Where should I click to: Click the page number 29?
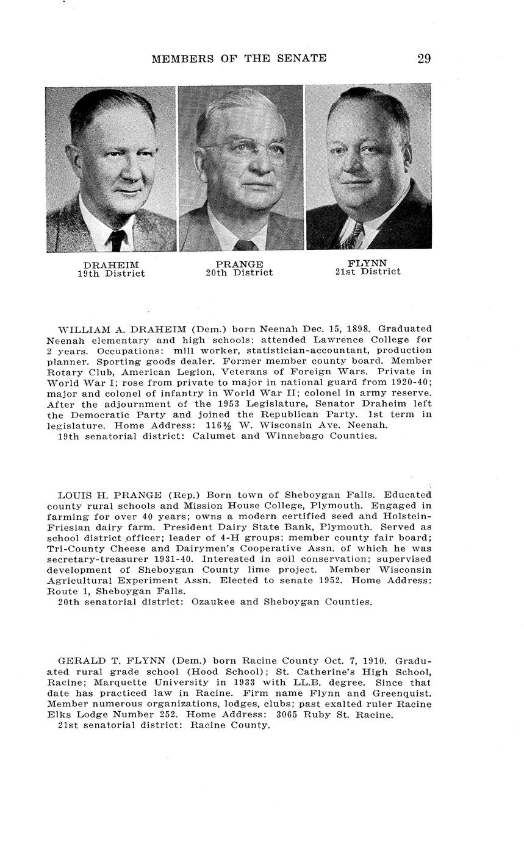[424, 59]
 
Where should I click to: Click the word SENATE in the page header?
[303, 59]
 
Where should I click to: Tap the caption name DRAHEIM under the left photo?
[111, 265]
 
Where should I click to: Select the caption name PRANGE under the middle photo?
[239, 264]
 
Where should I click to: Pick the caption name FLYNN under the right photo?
[367, 263]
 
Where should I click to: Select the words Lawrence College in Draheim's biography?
[346, 339]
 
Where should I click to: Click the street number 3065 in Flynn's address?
[290, 715]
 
